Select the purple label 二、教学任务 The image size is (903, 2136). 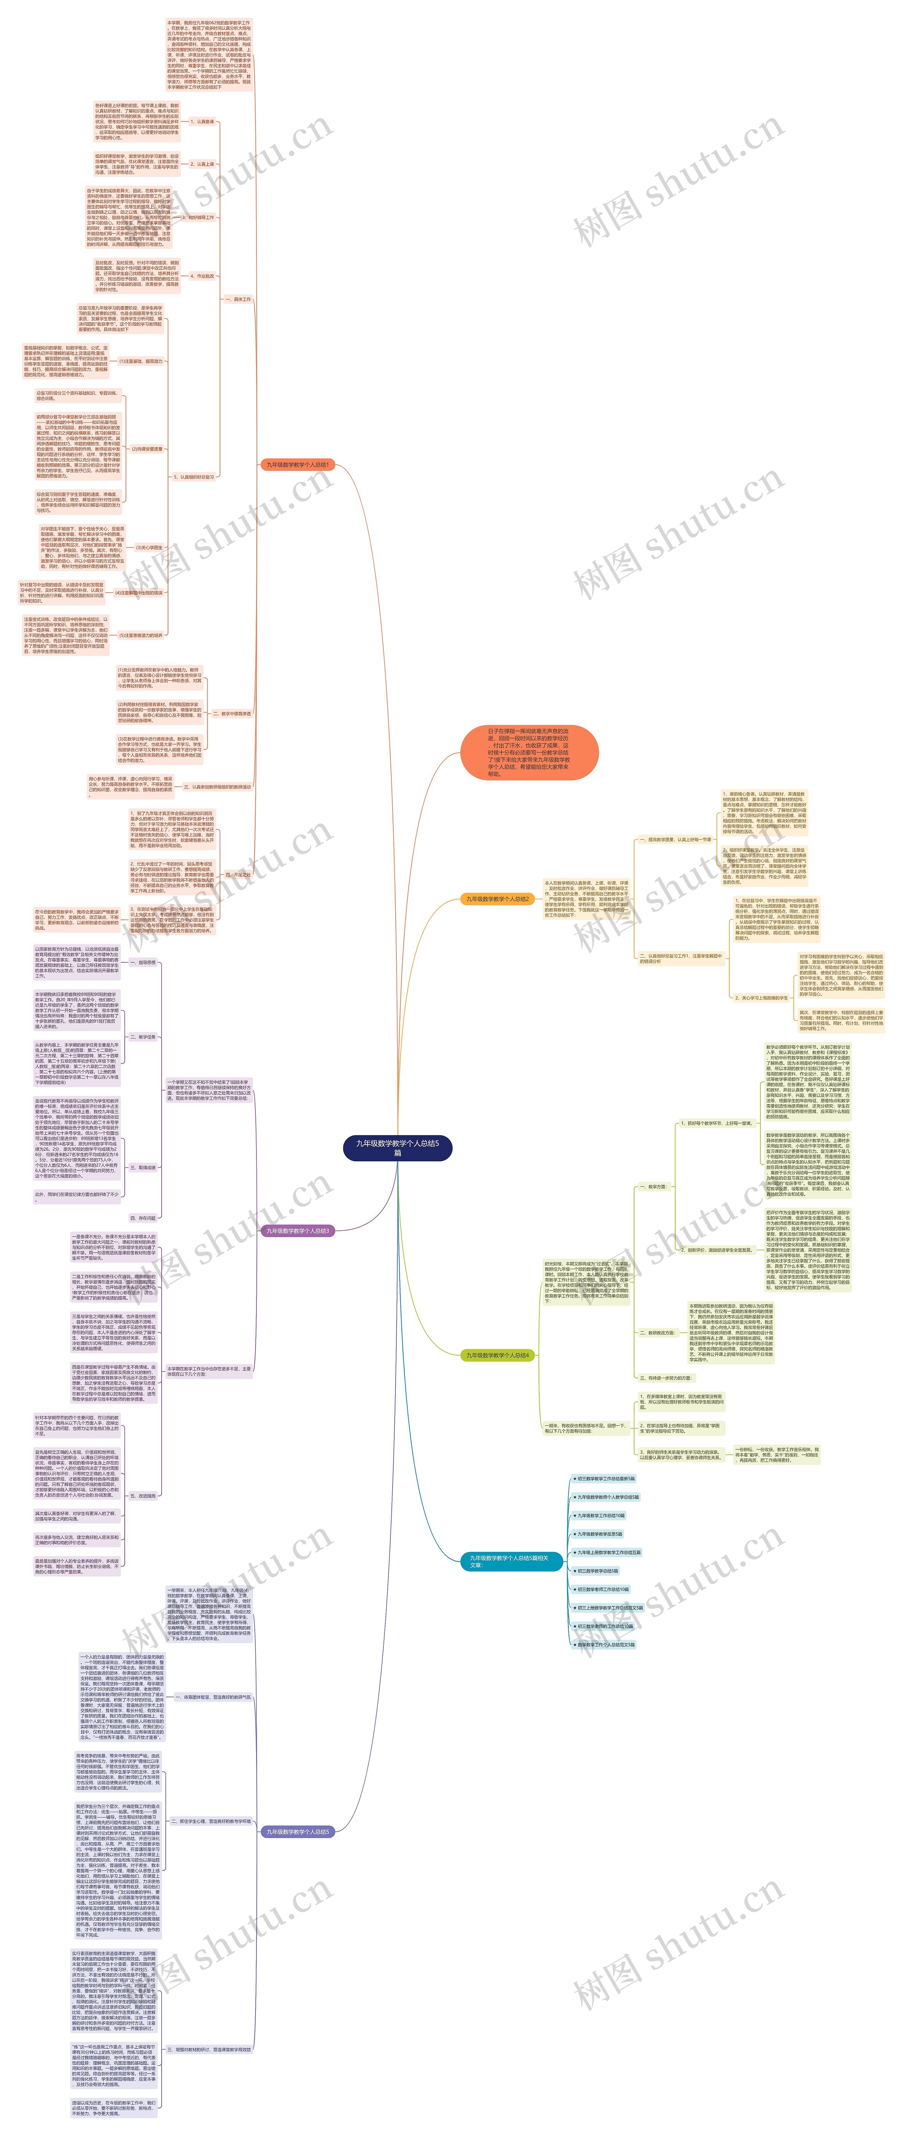pyautogui.click(x=143, y=1036)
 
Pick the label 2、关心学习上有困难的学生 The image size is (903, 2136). pyautogui.click(x=761, y=998)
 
